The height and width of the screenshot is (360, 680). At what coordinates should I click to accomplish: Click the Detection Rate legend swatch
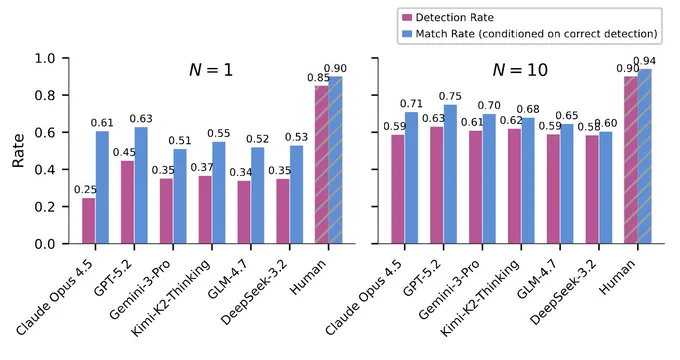point(407,18)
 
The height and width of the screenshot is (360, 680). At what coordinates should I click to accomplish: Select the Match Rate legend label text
point(536,34)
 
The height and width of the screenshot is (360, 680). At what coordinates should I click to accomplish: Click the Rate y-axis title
point(18,151)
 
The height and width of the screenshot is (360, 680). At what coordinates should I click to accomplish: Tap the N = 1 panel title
point(211,70)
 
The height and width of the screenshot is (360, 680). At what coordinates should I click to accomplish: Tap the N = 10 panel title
point(520,70)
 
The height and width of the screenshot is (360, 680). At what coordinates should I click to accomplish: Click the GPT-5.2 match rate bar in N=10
point(450,174)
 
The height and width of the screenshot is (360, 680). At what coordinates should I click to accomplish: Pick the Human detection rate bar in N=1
point(322,164)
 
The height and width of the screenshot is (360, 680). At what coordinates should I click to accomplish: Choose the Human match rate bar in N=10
point(644,156)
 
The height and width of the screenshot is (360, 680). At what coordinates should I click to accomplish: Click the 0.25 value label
point(85,190)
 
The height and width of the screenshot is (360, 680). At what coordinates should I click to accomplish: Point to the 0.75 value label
point(450,96)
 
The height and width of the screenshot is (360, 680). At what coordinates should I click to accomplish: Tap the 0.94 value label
point(644,61)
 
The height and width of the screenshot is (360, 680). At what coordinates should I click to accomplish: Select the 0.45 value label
point(124,152)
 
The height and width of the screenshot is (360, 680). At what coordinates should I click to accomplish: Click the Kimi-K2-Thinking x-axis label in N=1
point(170,298)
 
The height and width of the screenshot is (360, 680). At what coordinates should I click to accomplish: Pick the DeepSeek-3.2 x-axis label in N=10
point(564,292)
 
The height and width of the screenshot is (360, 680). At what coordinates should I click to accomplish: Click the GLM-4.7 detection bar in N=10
point(553,189)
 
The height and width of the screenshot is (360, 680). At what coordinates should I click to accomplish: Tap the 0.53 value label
point(296,137)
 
